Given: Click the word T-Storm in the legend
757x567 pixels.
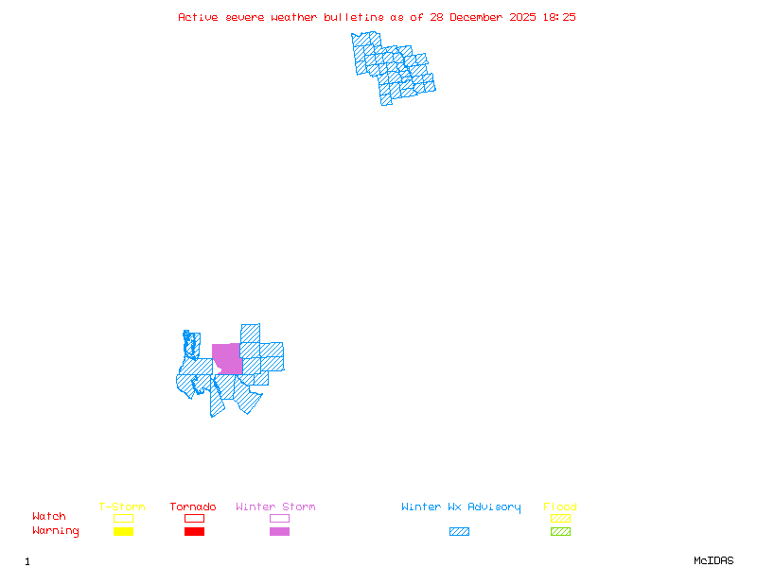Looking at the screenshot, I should click(122, 507).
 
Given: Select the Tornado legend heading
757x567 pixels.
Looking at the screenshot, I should click(193, 507).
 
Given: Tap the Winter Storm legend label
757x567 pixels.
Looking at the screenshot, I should click(275, 507).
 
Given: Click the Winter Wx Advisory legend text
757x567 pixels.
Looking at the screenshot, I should click(461, 507).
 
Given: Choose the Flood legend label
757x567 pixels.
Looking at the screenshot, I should click(559, 507).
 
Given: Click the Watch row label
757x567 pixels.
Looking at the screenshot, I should click(49, 517).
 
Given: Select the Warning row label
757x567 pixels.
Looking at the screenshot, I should click(55, 531).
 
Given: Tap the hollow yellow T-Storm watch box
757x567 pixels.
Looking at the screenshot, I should click(123, 518).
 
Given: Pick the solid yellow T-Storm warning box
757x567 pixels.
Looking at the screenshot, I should click(123, 531).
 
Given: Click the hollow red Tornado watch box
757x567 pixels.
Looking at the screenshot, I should click(194, 518).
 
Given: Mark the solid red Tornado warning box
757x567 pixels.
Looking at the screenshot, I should click(194, 531).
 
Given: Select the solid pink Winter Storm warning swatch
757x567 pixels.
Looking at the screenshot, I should click(279, 531).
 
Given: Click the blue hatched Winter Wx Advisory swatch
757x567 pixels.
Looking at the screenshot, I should click(459, 531).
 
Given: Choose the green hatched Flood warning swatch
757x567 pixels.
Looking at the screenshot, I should click(560, 531).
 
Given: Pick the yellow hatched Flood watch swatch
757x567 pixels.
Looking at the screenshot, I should click(560, 518).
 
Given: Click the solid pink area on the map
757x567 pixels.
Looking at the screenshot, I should click(227, 358).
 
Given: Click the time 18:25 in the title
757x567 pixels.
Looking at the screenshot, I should click(558, 17).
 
